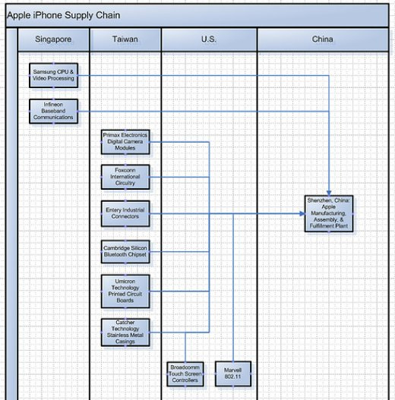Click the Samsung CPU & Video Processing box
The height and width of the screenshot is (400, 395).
53,75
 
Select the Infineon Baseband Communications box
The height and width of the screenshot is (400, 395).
53,111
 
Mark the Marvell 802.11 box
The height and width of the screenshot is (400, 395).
233,373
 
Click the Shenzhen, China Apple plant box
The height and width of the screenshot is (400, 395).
330,213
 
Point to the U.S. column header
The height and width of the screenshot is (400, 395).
209,39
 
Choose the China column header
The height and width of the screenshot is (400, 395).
322,39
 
